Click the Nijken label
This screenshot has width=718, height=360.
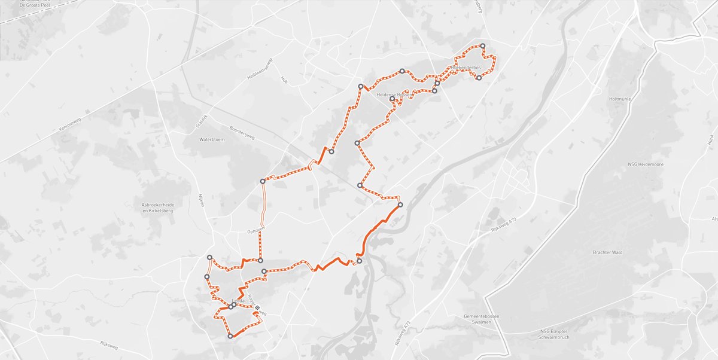tap(202, 200)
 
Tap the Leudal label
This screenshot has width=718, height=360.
tap(239, 301)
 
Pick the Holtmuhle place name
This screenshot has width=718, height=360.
tap(620, 99)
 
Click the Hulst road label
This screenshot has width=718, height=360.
tap(711, 140)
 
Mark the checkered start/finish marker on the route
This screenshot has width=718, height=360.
tap(257, 307)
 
